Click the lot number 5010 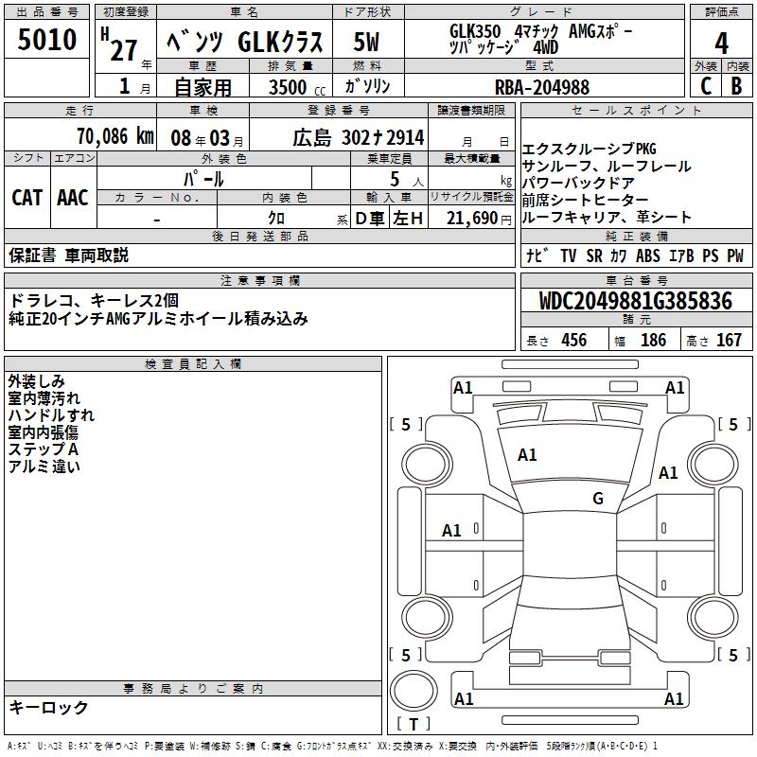coord(46,39)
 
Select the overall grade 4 coord(721,44)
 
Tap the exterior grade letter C coord(706,86)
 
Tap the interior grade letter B coord(736,86)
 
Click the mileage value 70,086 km coord(115,136)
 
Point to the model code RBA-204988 coord(542,87)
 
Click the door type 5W coord(366,42)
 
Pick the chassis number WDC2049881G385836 coord(635,301)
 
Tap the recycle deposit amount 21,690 coord(471,219)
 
